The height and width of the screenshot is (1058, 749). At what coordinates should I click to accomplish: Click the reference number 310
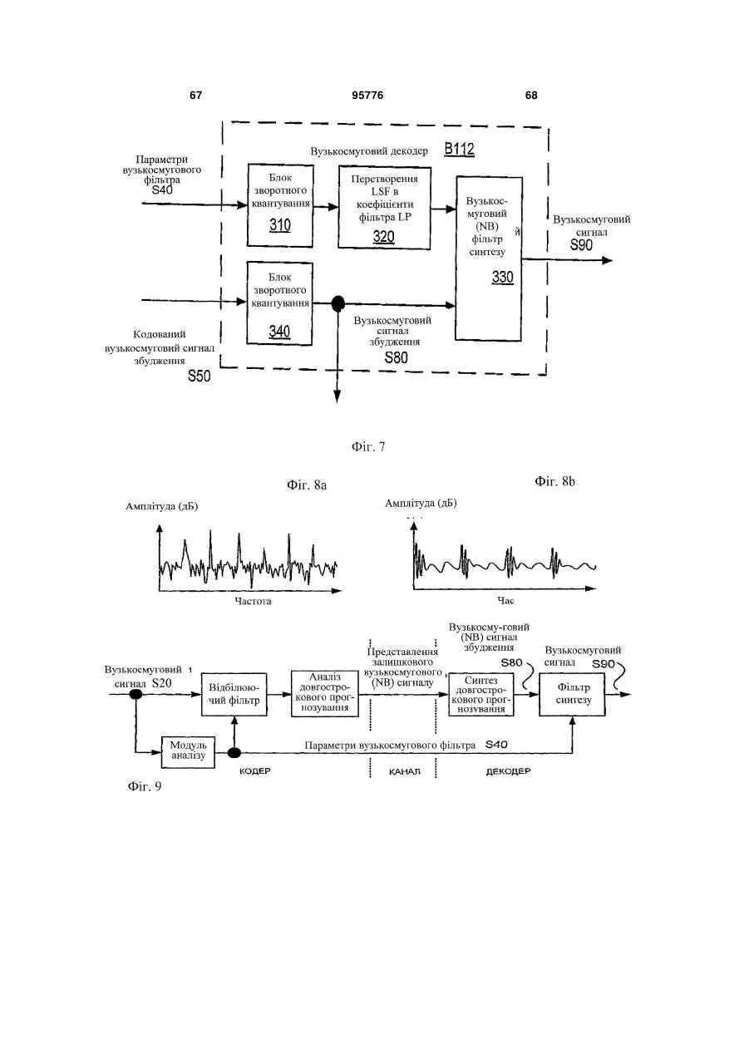click(x=280, y=225)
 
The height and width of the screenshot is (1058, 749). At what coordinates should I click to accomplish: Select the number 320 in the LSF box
click(x=383, y=237)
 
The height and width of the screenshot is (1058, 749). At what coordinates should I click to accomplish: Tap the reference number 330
click(x=502, y=277)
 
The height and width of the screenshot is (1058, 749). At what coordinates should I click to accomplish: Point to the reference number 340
click(x=279, y=332)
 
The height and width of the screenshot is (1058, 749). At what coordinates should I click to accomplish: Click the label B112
click(x=459, y=150)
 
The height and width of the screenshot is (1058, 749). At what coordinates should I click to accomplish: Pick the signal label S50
click(x=199, y=376)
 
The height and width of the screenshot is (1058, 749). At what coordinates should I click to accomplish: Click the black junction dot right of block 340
click(x=338, y=303)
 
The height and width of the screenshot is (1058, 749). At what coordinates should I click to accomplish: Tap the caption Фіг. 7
click(x=368, y=446)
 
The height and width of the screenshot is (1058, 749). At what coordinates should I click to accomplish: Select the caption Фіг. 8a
click(x=307, y=485)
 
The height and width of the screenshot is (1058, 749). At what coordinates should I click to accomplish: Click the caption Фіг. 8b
click(x=554, y=481)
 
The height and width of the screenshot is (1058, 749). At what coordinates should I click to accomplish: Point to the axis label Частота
click(x=253, y=601)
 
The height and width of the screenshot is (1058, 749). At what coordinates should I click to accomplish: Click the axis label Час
click(x=505, y=601)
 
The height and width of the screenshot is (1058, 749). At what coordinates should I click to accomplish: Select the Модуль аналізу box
click(x=188, y=751)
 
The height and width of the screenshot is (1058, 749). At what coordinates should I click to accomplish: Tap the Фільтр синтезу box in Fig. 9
click(x=572, y=694)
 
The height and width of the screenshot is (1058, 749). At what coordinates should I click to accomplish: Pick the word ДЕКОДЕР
click(x=509, y=771)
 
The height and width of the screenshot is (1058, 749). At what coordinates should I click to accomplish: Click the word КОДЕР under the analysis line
click(x=254, y=771)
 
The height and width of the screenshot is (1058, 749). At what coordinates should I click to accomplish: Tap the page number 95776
click(x=367, y=96)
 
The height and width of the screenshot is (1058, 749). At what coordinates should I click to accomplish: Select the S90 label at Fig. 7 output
click(x=581, y=245)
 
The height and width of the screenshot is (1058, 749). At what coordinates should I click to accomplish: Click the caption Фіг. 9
click(x=145, y=786)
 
